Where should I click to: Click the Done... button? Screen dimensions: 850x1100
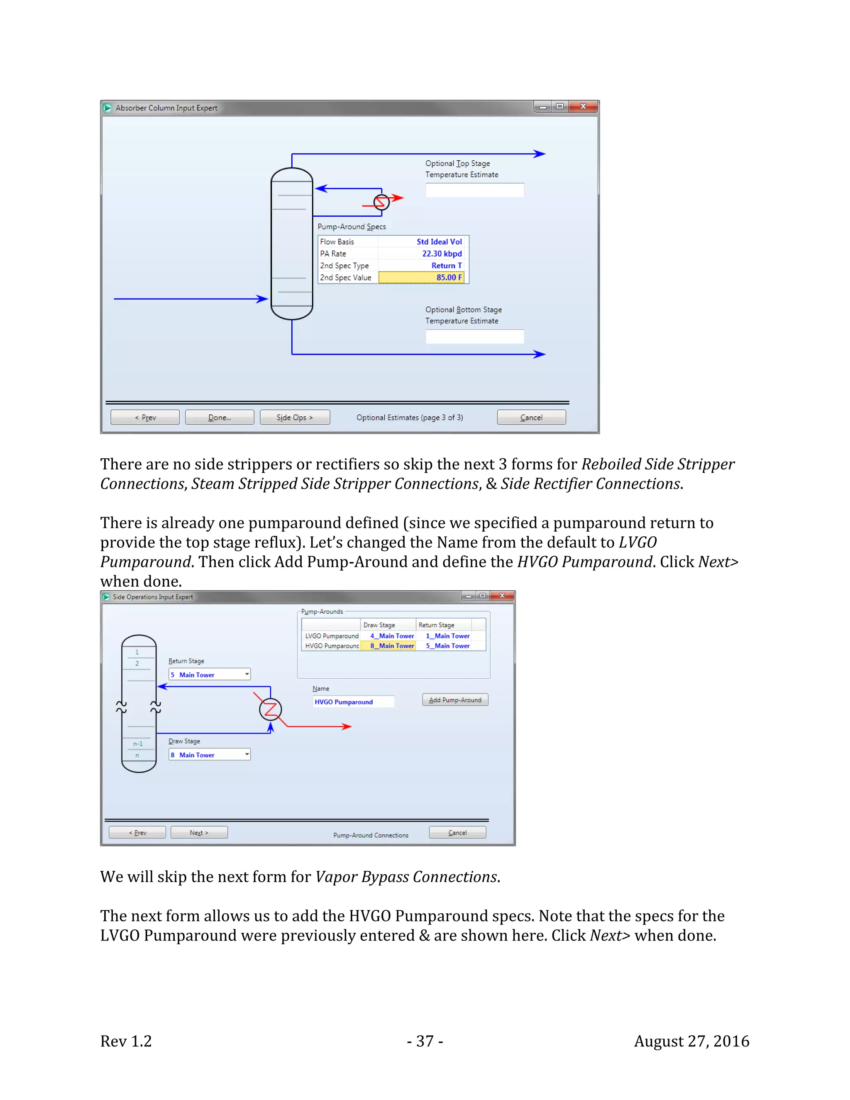click(x=220, y=418)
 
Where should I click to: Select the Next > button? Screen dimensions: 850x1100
click(x=199, y=833)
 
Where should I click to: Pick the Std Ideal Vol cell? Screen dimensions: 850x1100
click(x=423, y=242)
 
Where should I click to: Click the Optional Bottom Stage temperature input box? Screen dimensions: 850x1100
click(x=474, y=337)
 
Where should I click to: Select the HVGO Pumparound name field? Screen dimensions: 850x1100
click(x=353, y=702)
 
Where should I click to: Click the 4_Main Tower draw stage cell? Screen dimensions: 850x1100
click(x=388, y=636)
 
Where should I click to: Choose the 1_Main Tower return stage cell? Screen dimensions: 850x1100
click(x=444, y=636)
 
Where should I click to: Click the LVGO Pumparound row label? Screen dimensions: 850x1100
click(x=331, y=636)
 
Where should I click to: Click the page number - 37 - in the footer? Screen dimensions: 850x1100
click(x=425, y=1041)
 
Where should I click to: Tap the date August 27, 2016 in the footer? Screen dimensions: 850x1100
click(x=691, y=1041)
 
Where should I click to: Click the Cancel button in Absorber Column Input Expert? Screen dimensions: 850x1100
click(x=531, y=418)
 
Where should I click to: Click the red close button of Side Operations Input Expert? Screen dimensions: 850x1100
click(x=501, y=596)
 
